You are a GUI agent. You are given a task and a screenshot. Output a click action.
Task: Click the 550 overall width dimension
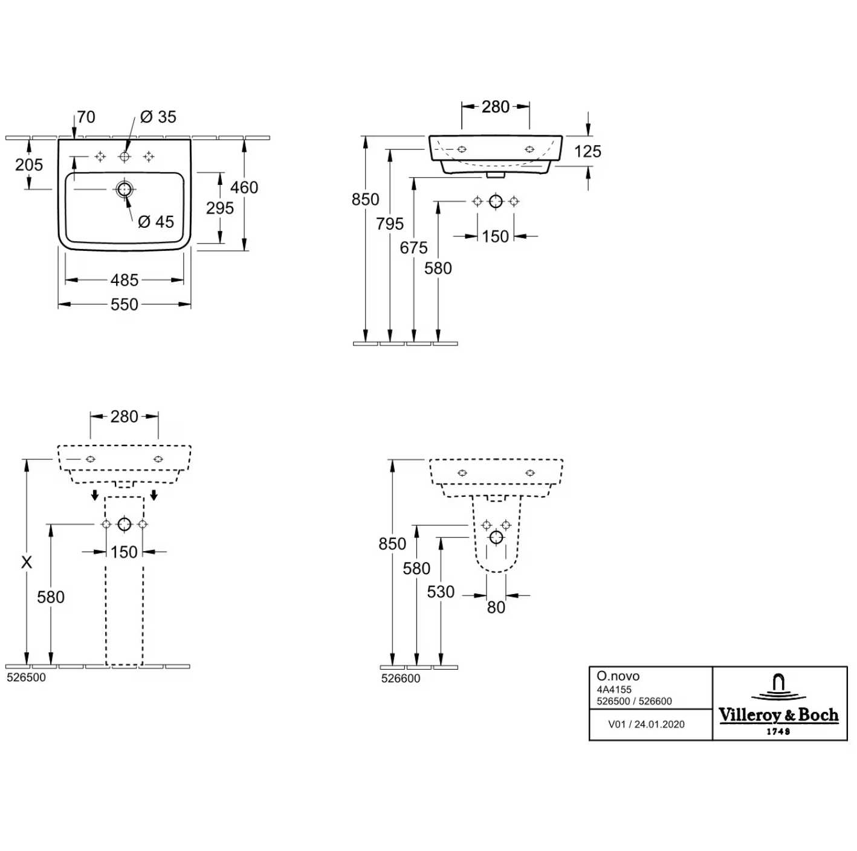pos(125,305)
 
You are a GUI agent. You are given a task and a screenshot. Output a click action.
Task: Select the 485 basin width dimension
pos(125,280)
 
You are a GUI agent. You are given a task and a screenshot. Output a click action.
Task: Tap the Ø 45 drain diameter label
pos(156,222)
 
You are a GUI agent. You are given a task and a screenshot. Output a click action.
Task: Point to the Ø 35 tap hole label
pos(158,117)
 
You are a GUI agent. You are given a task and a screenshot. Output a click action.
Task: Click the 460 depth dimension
pos(244,187)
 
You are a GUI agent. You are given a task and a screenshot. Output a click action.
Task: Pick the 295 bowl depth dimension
pos(220,208)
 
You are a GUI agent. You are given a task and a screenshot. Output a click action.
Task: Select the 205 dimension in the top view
pos(29,165)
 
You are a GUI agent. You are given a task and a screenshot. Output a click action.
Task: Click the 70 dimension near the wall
pos(86,117)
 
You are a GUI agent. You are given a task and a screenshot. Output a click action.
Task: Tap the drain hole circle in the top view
pos(125,189)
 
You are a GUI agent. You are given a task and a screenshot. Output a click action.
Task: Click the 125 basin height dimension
pos(587,152)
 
